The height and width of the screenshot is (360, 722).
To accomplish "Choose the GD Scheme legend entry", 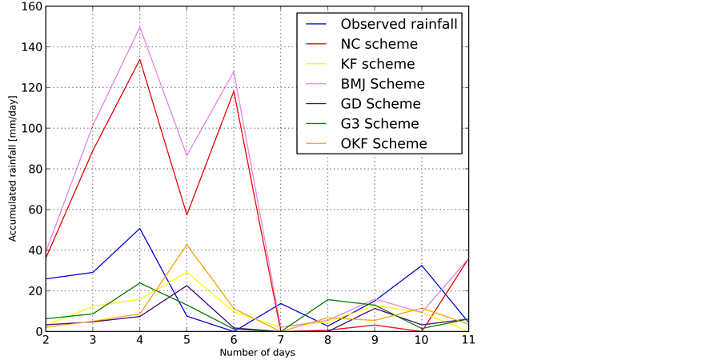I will (380, 104).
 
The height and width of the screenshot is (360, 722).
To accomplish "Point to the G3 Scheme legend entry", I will (379, 124).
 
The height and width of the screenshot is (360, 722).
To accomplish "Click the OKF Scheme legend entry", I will (383, 144).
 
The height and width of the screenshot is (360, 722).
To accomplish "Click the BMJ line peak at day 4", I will (140, 26).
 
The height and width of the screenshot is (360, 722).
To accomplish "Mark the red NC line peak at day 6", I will (235, 90).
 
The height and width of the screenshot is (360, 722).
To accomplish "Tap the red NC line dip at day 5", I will (187, 214).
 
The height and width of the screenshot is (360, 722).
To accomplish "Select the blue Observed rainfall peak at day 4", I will (140, 228).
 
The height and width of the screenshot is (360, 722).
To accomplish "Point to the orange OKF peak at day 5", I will (187, 244).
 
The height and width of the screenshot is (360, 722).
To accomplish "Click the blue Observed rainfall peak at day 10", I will (422, 265).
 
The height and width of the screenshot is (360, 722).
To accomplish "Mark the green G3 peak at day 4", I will (140, 282).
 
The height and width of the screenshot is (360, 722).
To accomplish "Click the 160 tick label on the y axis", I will (30, 6).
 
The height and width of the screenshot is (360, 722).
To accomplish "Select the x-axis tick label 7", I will (281, 342).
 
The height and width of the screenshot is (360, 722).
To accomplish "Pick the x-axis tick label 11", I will (467, 342).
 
